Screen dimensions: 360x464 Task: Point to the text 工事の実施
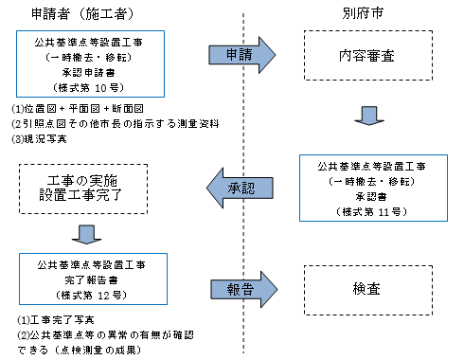point(83,179)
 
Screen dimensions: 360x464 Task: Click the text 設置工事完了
point(83,197)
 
